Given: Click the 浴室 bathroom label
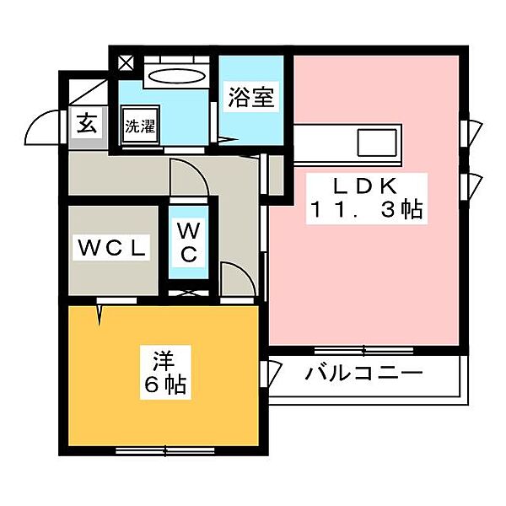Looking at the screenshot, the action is pyautogui.click(x=251, y=97).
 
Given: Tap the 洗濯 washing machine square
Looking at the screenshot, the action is pyautogui.click(x=140, y=125).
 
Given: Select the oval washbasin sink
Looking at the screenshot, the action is pyautogui.click(x=177, y=77).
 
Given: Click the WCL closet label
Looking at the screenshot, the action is pyautogui.click(x=111, y=248).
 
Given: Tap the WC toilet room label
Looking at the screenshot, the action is pyautogui.click(x=188, y=242).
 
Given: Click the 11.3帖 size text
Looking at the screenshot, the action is pyautogui.click(x=366, y=209).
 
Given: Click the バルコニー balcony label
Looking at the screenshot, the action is pyautogui.click(x=363, y=374).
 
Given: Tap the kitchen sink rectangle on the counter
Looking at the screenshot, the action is pyautogui.click(x=377, y=143).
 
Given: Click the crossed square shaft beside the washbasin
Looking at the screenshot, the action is pyautogui.click(x=126, y=63).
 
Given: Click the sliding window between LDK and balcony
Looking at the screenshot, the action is pyautogui.click(x=363, y=351).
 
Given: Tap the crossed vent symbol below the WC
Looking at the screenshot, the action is pyautogui.click(x=188, y=293).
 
